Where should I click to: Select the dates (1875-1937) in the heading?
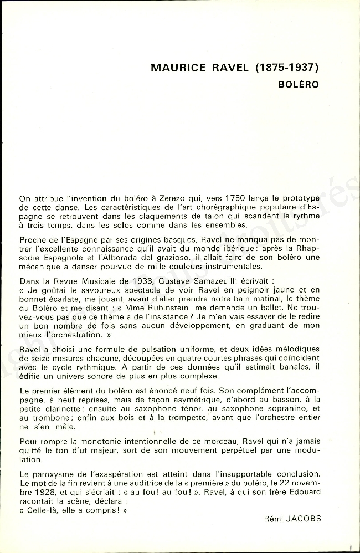(288, 68)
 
